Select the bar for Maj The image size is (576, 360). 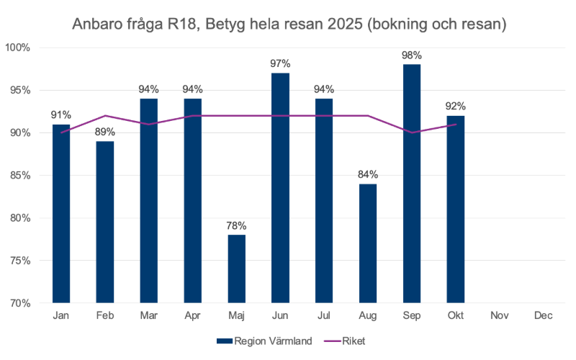click(237, 269)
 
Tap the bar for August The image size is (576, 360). click(368, 243)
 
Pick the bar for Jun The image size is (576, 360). click(281, 188)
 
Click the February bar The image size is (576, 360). click(105, 222)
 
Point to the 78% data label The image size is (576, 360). click(237, 225)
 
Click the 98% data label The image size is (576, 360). click(412, 55)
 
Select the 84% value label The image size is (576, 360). click(368, 174)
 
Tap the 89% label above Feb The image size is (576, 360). click(105, 132)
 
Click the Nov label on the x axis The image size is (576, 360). click(499, 315)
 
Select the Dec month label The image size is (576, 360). click(543, 315)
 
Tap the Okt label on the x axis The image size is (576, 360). click(455, 315)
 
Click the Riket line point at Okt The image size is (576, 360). click(455, 125)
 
